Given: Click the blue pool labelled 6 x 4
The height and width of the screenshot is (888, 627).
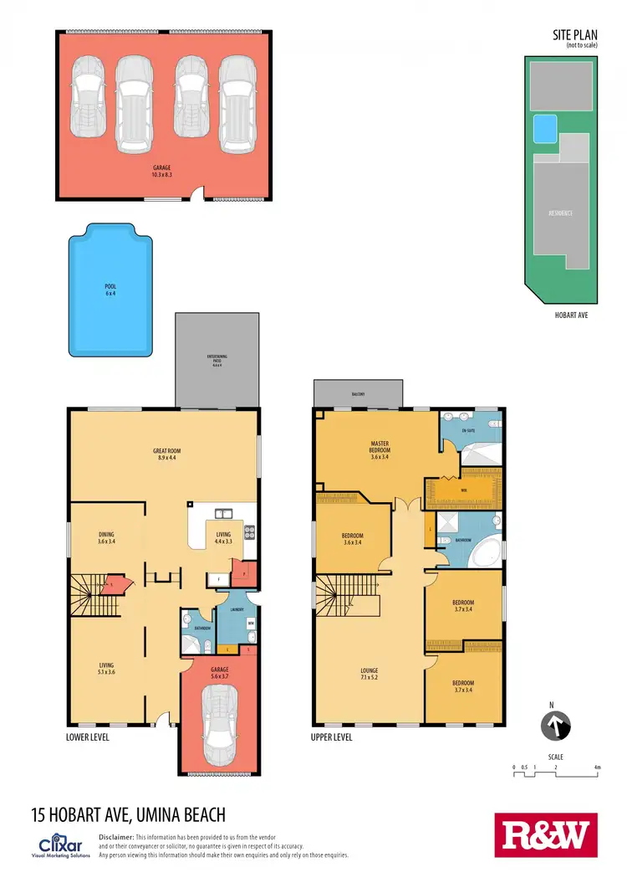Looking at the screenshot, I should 110,293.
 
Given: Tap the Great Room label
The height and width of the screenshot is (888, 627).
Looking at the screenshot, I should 169,451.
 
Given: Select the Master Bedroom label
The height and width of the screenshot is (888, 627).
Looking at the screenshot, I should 380,447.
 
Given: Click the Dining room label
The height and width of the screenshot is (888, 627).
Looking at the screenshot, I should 105,534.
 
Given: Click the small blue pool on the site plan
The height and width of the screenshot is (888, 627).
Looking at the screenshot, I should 545,128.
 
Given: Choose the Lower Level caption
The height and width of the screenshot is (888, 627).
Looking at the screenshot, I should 87,737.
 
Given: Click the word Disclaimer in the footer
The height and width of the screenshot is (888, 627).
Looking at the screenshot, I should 116,837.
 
